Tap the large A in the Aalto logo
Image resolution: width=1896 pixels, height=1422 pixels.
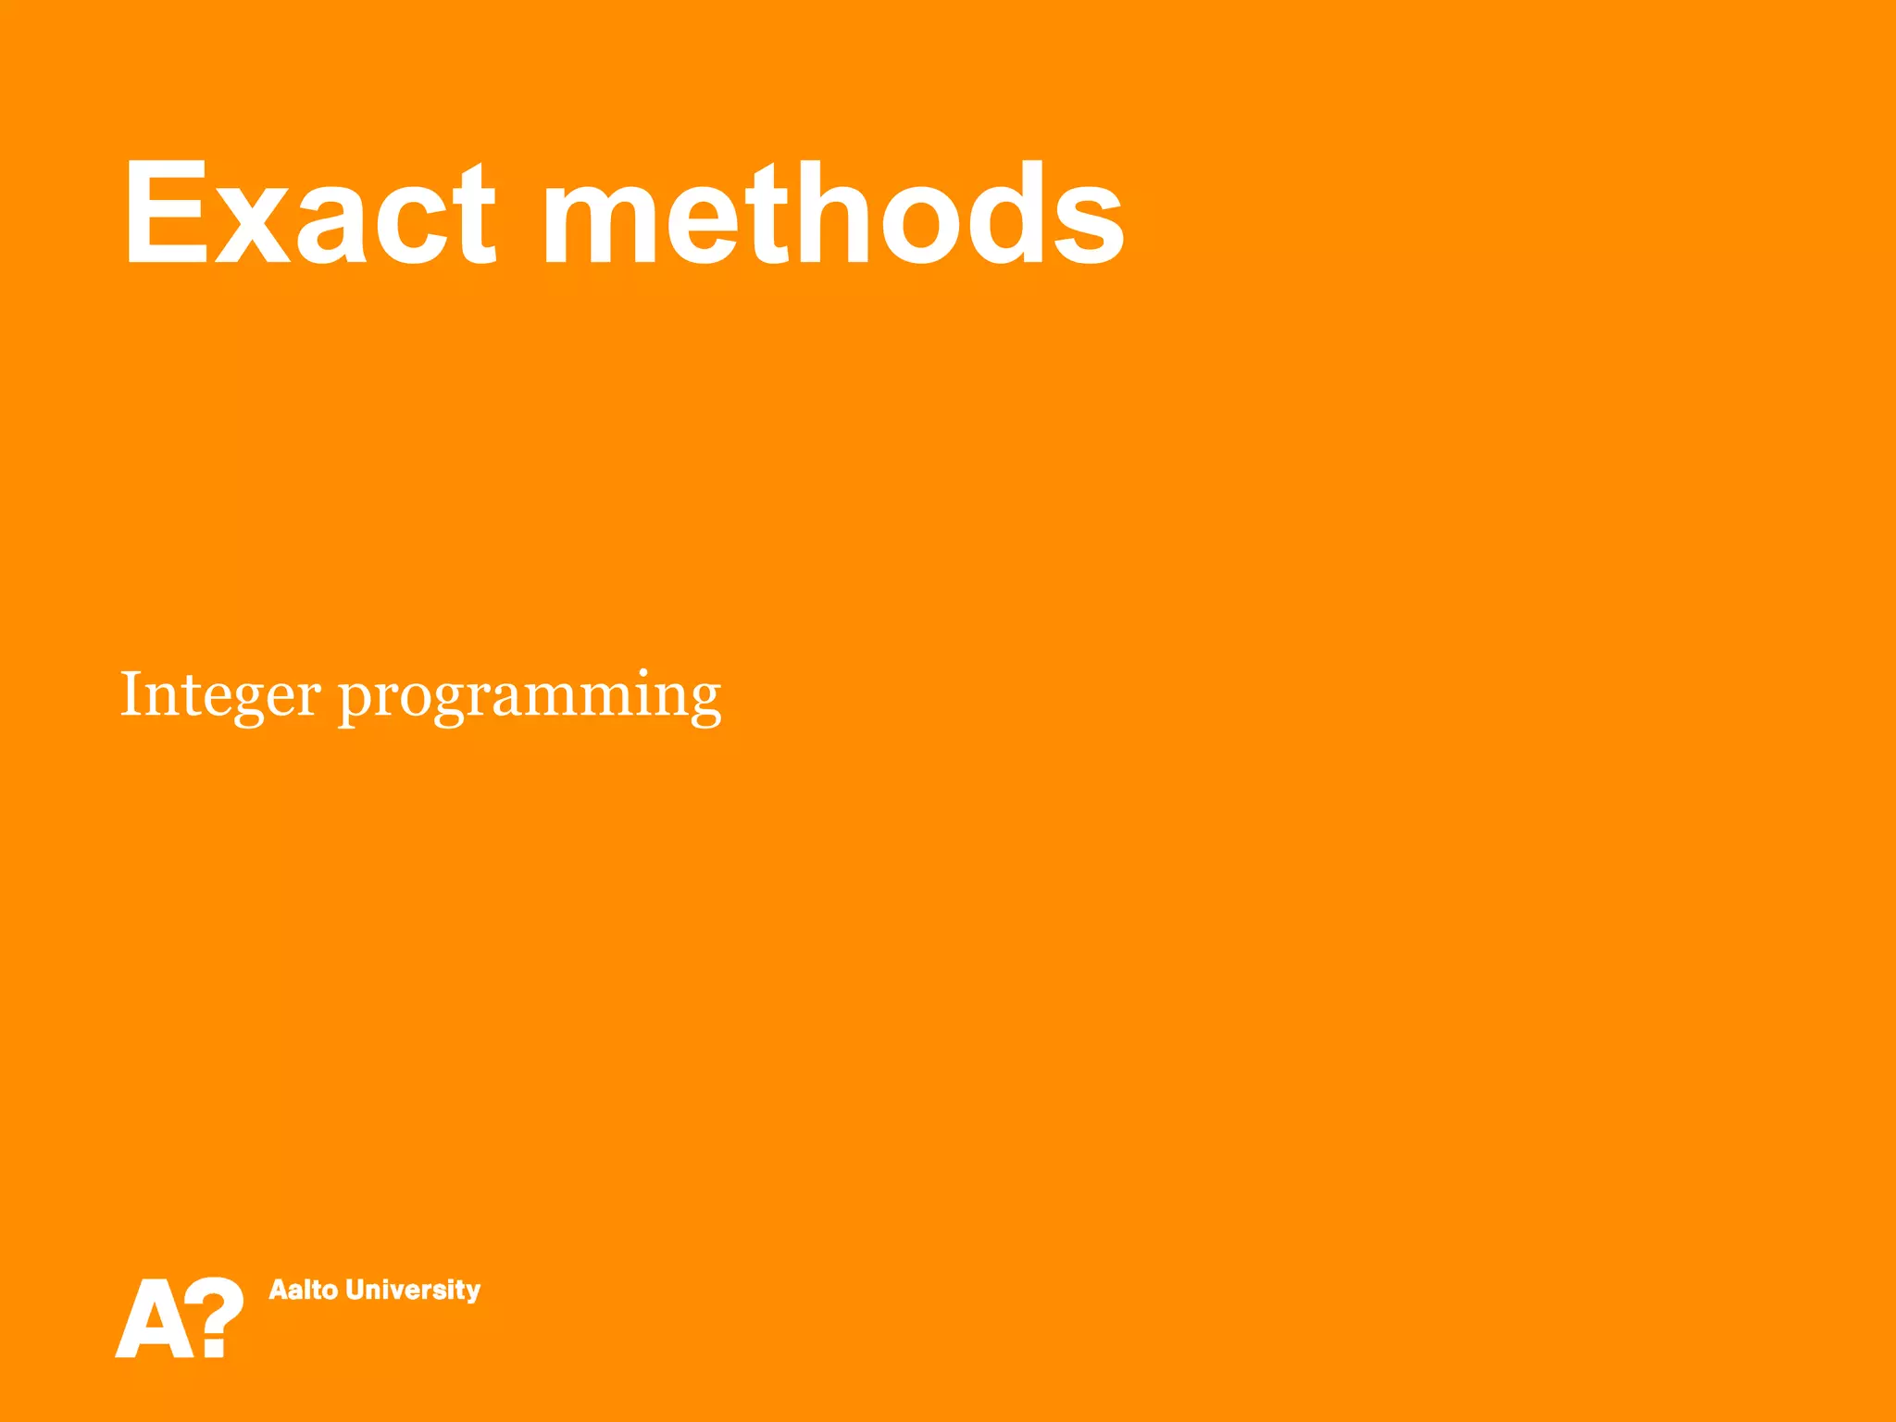(x=153, y=1318)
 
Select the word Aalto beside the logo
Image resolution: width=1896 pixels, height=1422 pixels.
(x=303, y=1290)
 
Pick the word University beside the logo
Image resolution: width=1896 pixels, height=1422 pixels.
(x=413, y=1291)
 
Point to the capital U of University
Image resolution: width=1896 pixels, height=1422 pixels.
(x=355, y=1290)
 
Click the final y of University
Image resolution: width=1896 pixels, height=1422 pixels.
(x=473, y=1292)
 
